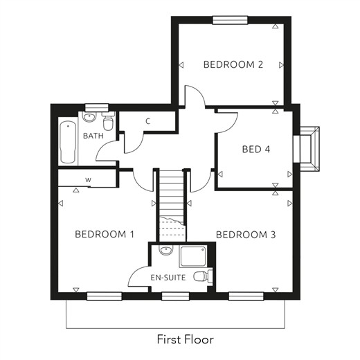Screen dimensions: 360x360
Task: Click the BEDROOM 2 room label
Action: tap(233, 64)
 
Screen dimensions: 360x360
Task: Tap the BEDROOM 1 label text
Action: tap(105, 235)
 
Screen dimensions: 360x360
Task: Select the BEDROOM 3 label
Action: tap(246, 235)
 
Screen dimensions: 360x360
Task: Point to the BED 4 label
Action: tap(256, 150)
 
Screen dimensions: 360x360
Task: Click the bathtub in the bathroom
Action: tap(68, 143)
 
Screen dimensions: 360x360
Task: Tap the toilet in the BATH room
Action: tap(109, 121)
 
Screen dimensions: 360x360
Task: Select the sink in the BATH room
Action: tap(89, 117)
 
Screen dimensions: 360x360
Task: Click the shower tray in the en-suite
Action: tap(193, 256)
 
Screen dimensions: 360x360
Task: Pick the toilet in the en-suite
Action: tap(203, 276)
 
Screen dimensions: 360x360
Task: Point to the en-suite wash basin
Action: tap(166, 250)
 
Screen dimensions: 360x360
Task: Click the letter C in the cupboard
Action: tap(148, 121)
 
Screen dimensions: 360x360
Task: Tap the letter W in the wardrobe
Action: tap(88, 180)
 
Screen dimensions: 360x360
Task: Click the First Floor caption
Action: tap(186, 339)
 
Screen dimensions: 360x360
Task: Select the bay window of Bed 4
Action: tap(307, 149)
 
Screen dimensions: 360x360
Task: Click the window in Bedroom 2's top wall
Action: tap(230, 20)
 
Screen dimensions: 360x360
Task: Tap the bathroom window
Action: tap(97, 107)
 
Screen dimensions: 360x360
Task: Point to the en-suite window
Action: tap(175, 296)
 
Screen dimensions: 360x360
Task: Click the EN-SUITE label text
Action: tap(168, 278)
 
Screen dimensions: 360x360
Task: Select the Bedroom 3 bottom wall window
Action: tap(246, 296)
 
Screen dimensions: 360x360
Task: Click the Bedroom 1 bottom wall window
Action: tap(105, 296)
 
